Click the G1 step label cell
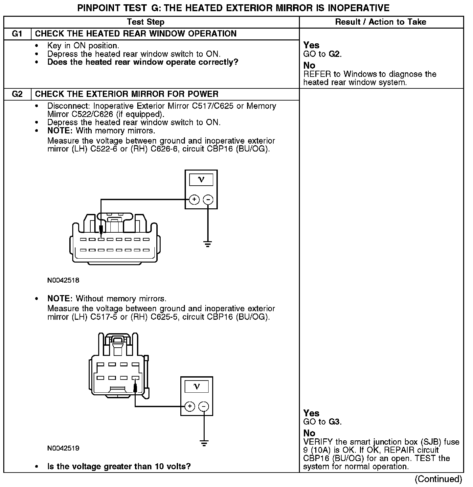coord(17,34)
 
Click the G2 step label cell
coord(17,94)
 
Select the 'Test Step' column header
coord(146,22)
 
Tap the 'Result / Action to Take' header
coord(381,22)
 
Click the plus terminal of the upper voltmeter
coord(194,199)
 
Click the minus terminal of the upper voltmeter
coord(208,199)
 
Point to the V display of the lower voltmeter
coord(197,386)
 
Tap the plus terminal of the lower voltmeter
coord(190,406)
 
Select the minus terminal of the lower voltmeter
coord(204,406)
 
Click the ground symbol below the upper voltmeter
coord(208,244)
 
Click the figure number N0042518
coord(63,280)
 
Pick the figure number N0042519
coord(63,448)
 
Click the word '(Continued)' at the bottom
coord(438,479)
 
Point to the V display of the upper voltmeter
coord(201,180)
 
